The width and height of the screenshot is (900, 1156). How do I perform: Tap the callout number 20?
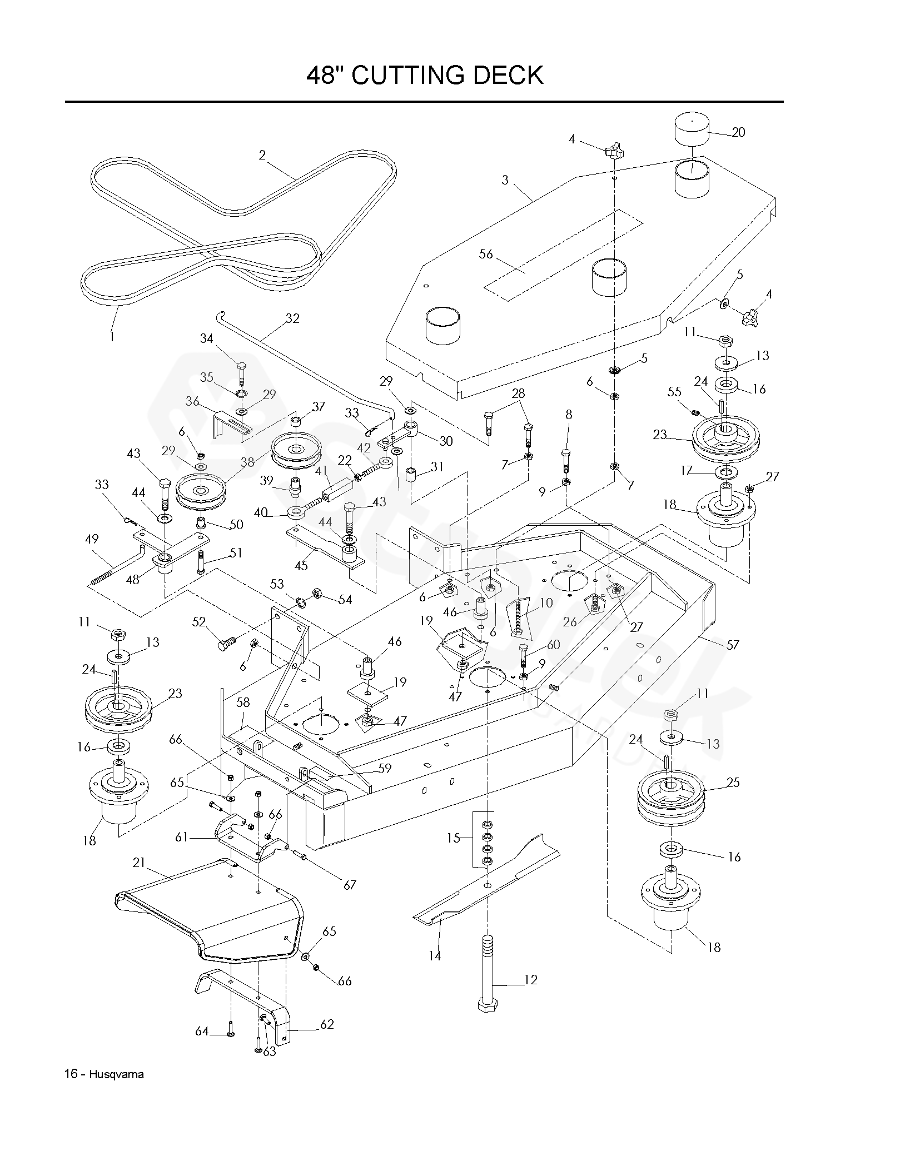coord(738,132)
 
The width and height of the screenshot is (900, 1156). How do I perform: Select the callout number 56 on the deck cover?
coord(486,254)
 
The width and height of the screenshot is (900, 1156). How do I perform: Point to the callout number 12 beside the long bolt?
coord(531,980)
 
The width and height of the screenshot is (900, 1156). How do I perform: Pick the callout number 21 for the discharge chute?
coord(138,863)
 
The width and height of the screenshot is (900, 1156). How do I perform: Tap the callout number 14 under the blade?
coord(434,956)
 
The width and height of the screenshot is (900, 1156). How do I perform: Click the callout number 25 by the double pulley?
coord(733,783)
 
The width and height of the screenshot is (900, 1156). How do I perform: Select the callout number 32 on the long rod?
coord(292,318)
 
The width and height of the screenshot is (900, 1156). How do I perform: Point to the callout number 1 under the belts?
coord(112,336)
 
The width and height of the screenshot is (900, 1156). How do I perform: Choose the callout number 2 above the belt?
coord(262,155)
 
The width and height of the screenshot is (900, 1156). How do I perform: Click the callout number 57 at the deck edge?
coord(733,645)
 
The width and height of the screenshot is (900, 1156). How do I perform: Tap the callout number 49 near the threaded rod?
coord(92,539)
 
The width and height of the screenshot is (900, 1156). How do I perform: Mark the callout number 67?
coord(349,885)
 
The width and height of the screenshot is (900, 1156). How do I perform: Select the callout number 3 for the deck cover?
coord(505,180)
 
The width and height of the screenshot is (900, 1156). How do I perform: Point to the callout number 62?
coord(327,1024)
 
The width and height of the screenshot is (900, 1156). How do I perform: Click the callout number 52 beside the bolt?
coord(198,623)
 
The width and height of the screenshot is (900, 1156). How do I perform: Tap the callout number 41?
coord(321,471)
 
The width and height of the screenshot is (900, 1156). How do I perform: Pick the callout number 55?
coord(674,392)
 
